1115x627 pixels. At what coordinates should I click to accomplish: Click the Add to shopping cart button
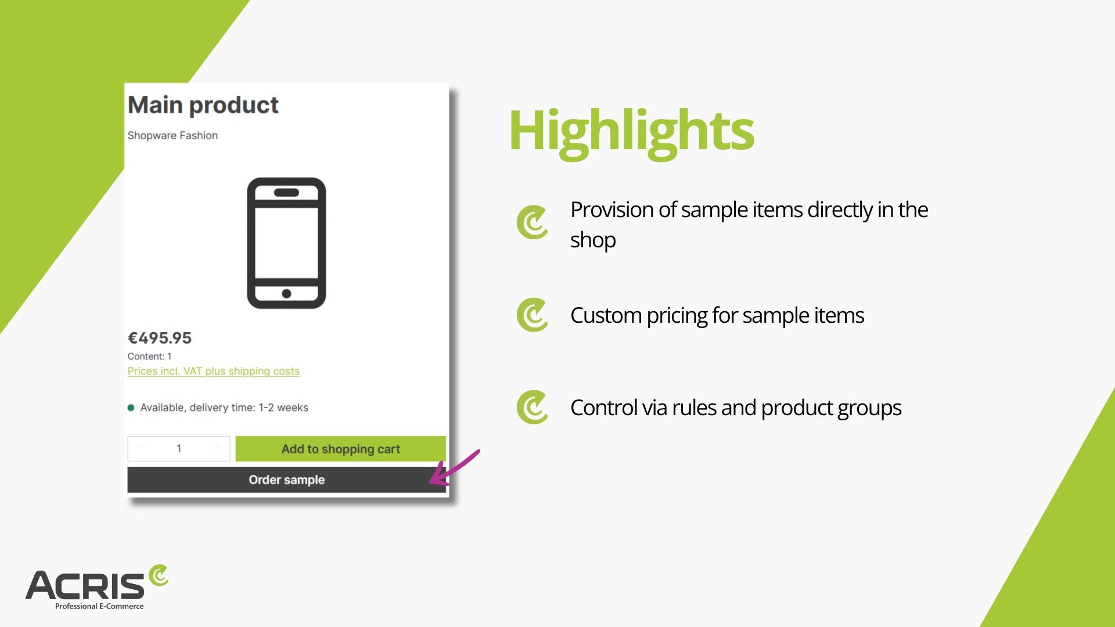coord(340,449)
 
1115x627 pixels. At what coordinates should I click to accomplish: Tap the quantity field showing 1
coord(179,449)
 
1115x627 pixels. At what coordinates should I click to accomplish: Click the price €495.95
coord(160,338)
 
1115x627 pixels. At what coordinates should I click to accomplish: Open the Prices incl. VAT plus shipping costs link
coord(213,372)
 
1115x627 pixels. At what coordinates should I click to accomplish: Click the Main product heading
coord(203,105)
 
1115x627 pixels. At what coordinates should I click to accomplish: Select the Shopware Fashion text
coord(172,135)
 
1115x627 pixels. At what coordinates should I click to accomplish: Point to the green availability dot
coord(131,408)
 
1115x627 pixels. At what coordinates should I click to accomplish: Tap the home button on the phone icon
coord(286,294)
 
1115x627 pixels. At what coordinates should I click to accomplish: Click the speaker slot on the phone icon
coord(286,193)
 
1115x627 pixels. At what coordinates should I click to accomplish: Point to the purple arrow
coord(455,467)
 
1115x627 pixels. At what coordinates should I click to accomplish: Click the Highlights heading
coord(631,131)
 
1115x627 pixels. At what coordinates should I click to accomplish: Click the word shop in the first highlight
coord(593,240)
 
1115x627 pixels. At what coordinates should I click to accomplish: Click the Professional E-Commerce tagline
coord(99,606)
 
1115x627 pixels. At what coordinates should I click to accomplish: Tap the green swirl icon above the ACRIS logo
coord(159,575)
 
